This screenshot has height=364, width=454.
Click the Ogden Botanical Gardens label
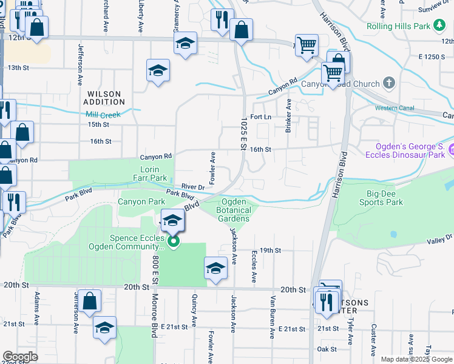coord(234,210)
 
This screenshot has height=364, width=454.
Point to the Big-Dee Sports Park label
coord(385,198)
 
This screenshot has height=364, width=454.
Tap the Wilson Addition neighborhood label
coord(106,98)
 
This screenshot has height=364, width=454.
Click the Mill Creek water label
coord(103,114)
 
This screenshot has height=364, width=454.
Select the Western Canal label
coord(394,108)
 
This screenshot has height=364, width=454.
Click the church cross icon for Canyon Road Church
coord(389,83)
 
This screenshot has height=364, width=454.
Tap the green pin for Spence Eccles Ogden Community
coord(174,243)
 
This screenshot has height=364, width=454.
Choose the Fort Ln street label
coord(259,116)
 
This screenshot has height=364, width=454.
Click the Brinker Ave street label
coord(288,116)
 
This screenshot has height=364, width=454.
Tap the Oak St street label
coord(327,349)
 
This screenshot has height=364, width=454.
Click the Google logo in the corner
coord(21,357)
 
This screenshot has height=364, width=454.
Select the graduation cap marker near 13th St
coord(158,71)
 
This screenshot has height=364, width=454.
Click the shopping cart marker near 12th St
coord(307,45)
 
